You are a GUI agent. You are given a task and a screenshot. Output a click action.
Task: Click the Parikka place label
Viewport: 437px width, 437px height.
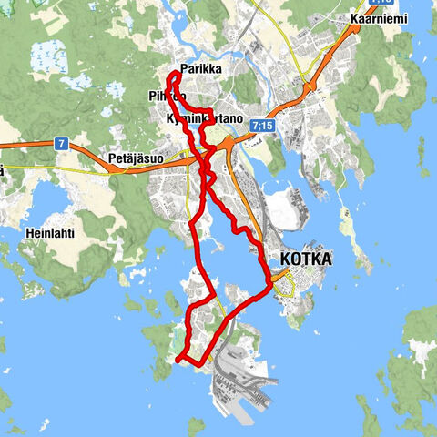201,68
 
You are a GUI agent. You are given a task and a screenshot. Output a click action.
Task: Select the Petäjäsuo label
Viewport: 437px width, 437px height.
135,157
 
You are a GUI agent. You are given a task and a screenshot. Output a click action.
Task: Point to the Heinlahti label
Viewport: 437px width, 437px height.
49,232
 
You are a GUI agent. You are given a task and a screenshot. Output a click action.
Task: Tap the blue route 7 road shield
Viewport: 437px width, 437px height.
61,144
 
